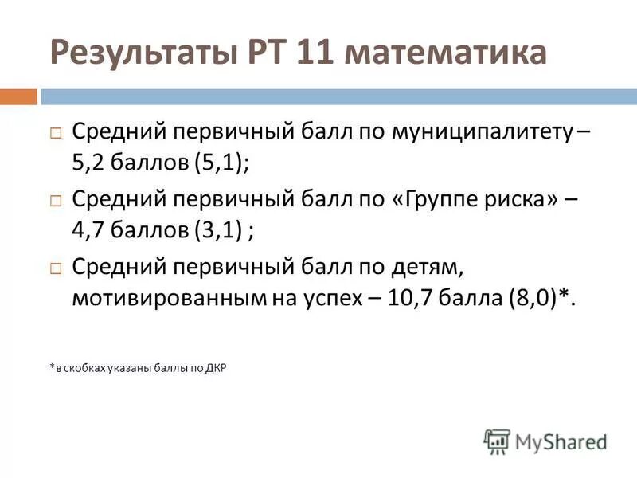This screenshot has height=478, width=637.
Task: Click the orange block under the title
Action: click(18, 97)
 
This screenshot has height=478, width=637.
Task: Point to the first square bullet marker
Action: click(56, 133)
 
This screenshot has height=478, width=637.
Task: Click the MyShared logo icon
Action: click(497, 441)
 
